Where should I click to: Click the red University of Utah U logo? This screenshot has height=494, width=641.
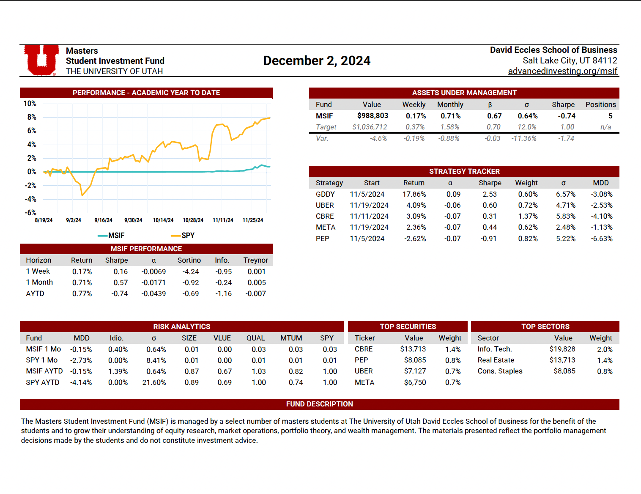41,60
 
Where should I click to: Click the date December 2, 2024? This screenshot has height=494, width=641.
317,61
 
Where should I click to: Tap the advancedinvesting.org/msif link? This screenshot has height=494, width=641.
562,71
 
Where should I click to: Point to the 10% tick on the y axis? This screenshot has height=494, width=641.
30,104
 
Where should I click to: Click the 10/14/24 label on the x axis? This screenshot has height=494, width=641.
163,220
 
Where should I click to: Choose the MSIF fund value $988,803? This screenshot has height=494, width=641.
373,116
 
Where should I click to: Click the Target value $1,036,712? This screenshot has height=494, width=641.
370,127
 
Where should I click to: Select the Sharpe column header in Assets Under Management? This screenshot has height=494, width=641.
563,104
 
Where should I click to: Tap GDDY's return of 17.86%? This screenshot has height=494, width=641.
414,194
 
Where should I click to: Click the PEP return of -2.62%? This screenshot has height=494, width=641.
415,239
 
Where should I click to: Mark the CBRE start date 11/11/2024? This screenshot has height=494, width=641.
367,216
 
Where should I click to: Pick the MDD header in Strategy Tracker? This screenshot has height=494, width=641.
600,183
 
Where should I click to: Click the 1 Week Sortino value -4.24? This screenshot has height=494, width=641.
190,272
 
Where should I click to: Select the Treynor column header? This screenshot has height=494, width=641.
255,260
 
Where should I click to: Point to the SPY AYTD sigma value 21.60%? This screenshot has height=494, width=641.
154,382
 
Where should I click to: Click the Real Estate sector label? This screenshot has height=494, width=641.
496,360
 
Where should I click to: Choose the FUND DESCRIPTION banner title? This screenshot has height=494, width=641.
319,404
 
